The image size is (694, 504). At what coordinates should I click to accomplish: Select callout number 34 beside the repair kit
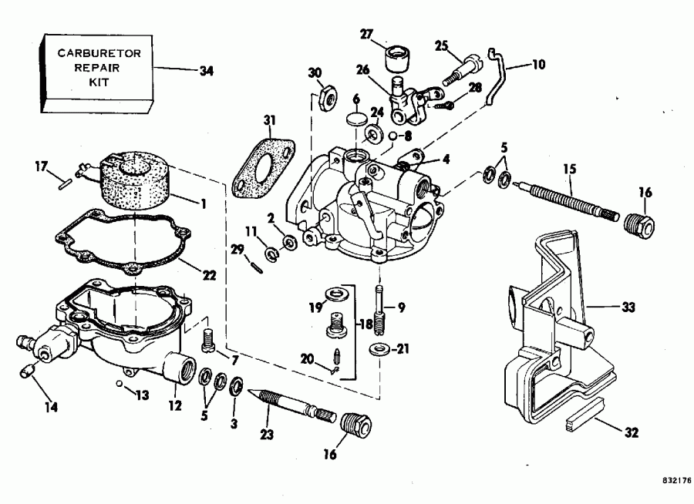click(206, 69)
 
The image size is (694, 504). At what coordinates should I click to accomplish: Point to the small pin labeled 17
click(64, 183)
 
